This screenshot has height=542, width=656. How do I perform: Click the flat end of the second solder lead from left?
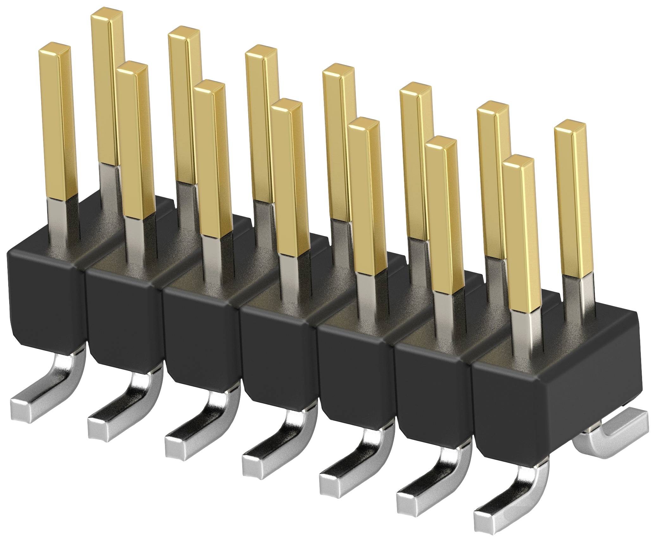(97, 428)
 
